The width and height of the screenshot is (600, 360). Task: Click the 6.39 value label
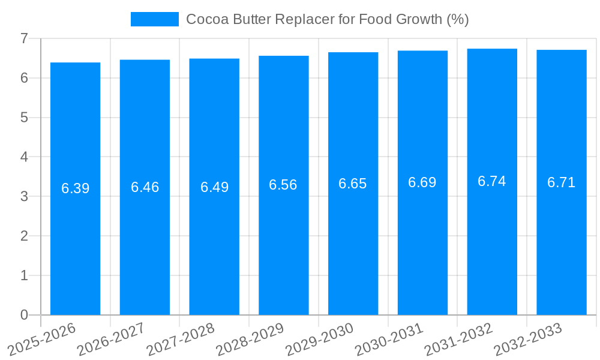pos(75,188)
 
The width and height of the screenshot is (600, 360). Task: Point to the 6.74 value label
pos(492,181)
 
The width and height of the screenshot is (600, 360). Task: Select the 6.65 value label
pos(353,184)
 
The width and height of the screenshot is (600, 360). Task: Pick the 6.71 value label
pos(562,182)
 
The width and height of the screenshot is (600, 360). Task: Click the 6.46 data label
pos(145,187)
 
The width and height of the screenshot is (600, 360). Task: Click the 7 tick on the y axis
pos(24,38)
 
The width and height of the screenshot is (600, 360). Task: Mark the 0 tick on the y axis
pos(24,315)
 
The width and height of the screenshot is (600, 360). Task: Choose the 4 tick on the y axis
pos(24,157)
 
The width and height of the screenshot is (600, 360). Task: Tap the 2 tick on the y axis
pos(24,236)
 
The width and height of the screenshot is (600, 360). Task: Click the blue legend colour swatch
pos(155,19)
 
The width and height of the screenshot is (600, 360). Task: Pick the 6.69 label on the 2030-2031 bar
pos(422,182)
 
